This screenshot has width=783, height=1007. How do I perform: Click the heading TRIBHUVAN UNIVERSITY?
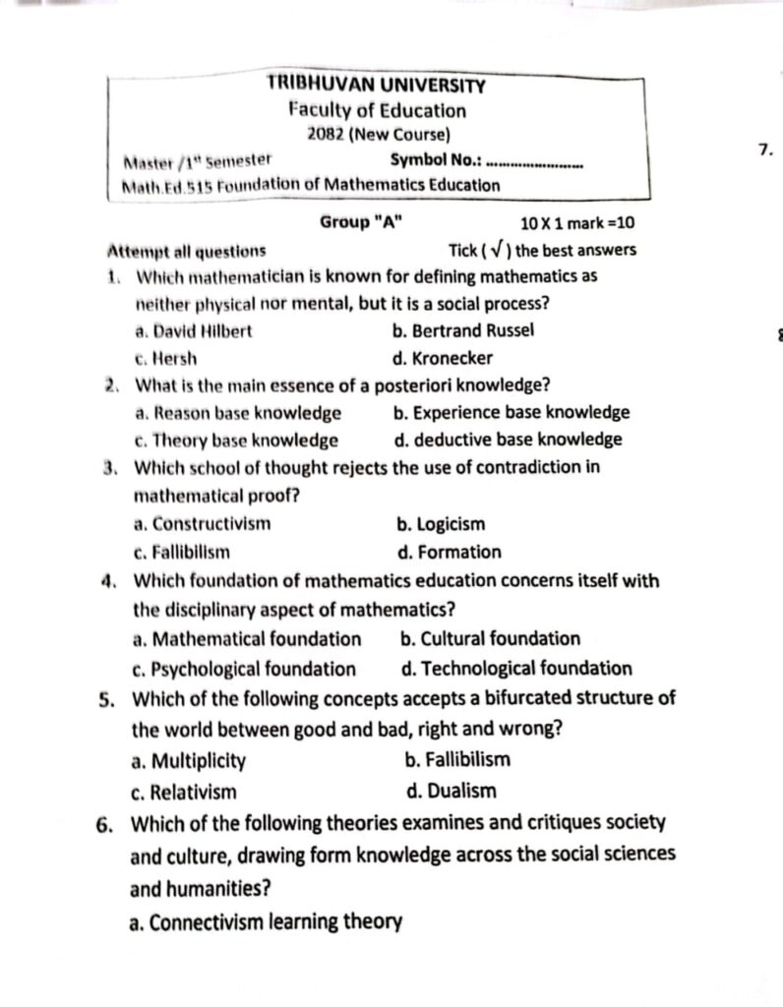(376, 86)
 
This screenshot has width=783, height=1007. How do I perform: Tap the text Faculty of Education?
(377, 110)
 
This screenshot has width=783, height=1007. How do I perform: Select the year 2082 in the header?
(326, 135)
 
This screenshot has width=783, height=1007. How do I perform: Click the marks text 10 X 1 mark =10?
(576, 223)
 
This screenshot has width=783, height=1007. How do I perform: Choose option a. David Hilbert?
(195, 331)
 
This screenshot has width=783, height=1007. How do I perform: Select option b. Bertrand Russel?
(462, 330)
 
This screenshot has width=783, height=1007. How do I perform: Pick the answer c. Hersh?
(167, 358)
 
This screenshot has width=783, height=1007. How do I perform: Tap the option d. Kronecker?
(442, 358)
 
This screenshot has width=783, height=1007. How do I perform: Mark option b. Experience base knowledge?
(511, 412)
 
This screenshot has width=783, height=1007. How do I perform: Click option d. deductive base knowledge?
(508, 440)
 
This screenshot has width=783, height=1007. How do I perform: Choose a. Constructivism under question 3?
(202, 524)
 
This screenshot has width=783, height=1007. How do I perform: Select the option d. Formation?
(449, 552)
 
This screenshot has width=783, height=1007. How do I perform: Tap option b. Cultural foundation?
(490, 638)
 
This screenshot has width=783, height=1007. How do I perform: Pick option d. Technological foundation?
(516, 669)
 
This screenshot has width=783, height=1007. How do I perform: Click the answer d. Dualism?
(451, 791)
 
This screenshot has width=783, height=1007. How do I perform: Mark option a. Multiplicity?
(188, 760)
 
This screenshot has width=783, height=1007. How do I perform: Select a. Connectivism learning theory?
(266, 922)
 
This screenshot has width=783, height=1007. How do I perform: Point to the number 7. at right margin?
(766, 149)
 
